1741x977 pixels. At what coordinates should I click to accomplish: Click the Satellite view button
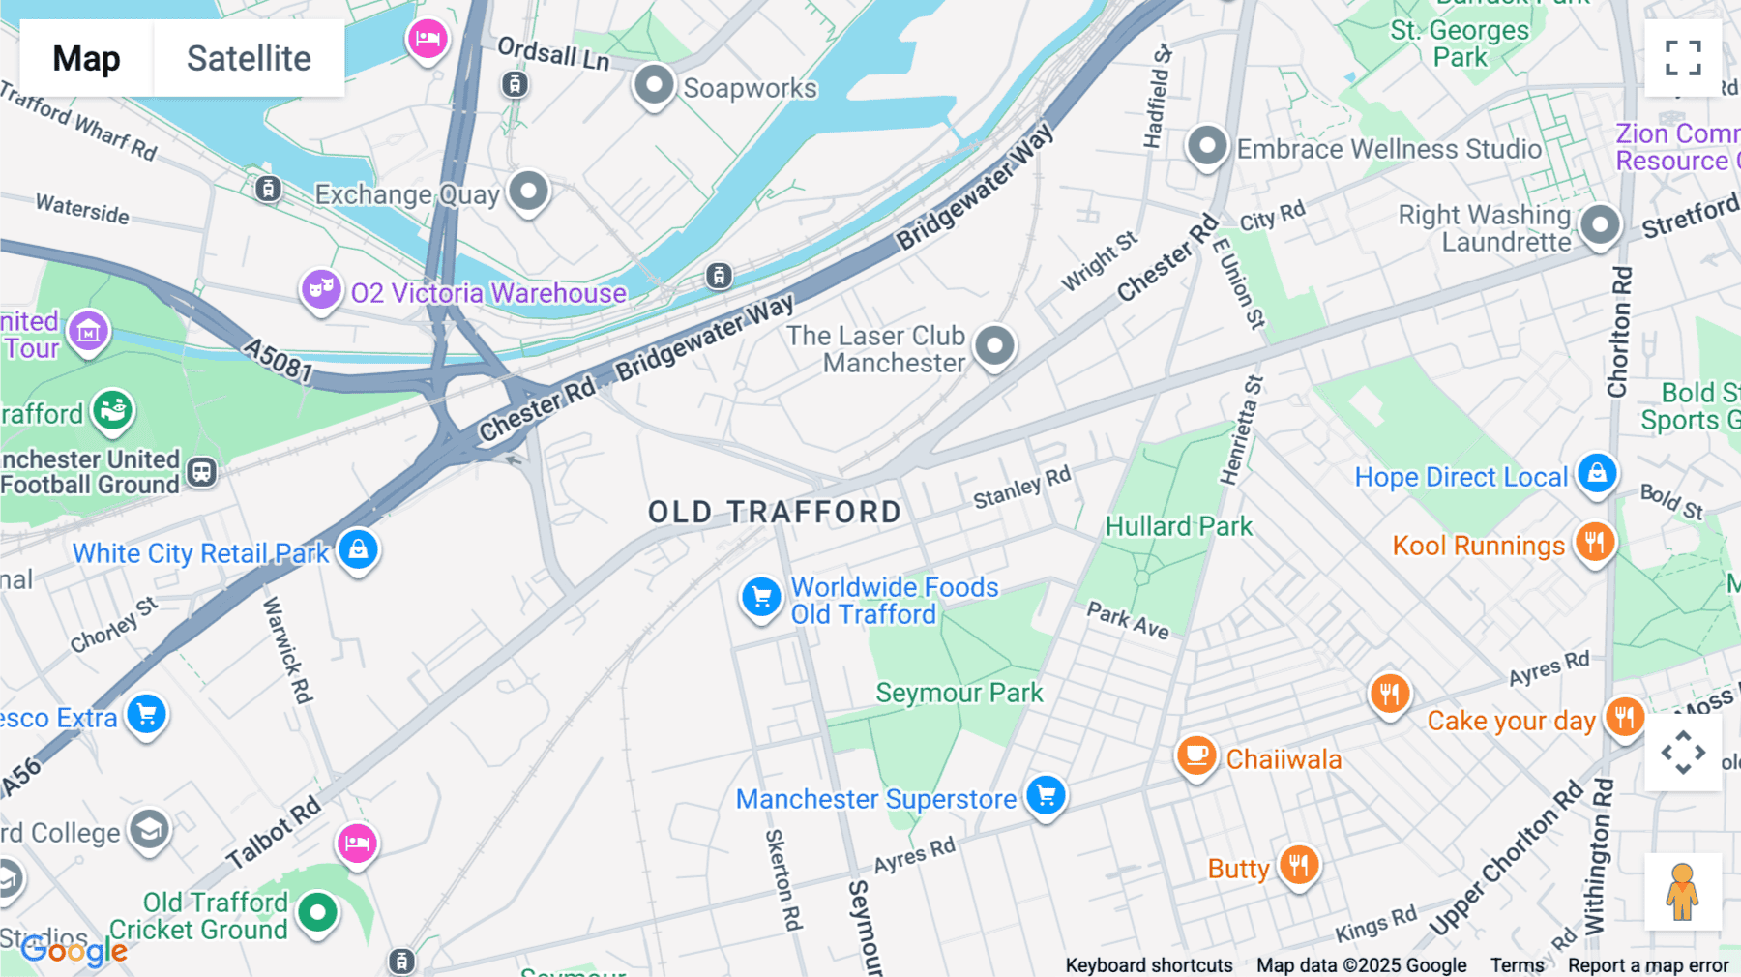coord(249,58)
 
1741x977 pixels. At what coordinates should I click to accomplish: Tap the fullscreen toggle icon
coord(1683,58)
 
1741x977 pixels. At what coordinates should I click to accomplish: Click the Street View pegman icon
coord(1683,891)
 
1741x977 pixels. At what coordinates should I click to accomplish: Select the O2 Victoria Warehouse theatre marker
coord(321,289)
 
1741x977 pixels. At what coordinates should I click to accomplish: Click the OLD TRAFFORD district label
coord(774,512)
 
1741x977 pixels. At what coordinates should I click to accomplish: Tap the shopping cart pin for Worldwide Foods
coord(761,597)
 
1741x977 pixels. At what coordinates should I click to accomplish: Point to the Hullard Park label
coord(1178,526)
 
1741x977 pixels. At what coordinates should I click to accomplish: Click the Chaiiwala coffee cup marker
coord(1196,755)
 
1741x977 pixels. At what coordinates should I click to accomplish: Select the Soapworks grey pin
coord(654,85)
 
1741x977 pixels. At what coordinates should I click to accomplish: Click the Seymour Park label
coord(959,693)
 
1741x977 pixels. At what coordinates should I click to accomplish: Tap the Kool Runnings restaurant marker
coord(1594,542)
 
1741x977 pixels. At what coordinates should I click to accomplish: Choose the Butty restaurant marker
coord(1298,864)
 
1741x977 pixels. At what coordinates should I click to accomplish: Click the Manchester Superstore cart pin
coord(1046,795)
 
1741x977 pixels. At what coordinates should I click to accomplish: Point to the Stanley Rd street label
coord(1021,487)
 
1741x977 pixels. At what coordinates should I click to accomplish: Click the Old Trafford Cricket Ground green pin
coord(317,911)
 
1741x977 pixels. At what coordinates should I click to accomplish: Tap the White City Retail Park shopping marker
coord(358,549)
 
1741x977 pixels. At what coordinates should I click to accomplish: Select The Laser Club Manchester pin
coord(994,345)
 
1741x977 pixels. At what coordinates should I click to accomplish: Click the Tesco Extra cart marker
coord(147,715)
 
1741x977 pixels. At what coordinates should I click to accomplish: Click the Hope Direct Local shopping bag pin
coord(1597,473)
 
